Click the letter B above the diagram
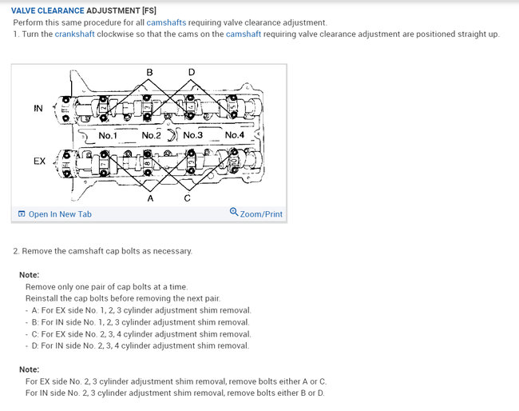point(150,73)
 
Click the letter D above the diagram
point(191,73)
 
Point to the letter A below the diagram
point(150,198)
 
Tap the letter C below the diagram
point(187,198)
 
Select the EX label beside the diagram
point(39,162)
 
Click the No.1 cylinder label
point(108,136)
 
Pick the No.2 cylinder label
point(151,136)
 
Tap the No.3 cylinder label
point(192,136)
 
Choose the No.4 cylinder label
point(235,136)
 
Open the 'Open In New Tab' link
point(60,214)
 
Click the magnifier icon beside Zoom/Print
point(233,213)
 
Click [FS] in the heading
point(148,10)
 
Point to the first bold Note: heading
point(29,275)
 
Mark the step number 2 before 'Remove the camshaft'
point(16,251)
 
